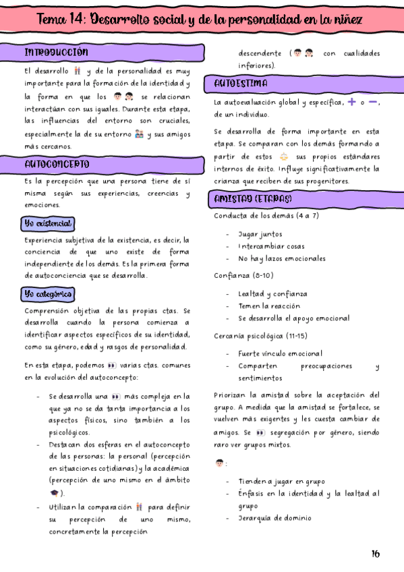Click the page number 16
pyautogui.click(x=375, y=554)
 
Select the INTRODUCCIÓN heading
pyautogui.click(x=57, y=52)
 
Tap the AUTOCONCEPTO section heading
pyautogui.click(x=57, y=164)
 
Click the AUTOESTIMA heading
pyautogui.click(x=241, y=84)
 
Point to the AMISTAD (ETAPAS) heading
pyautogui.click(x=253, y=199)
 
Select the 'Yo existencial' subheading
pyautogui.click(x=49, y=223)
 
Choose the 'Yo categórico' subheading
pyautogui.click(x=48, y=294)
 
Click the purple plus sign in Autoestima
pyautogui.click(x=352, y=102)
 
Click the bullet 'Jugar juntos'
pyautogui.click(x=260, y=234)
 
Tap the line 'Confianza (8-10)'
pyautogui.click(x=244, y=276)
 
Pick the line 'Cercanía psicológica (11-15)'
pyautogui.click(x=260, y=335)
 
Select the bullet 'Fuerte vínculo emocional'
pyautogui.click(x=280, y=353)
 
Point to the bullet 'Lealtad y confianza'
pyautogui.click(x=272, y=293)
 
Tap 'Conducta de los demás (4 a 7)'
pyautogui.click(x=266, y=216)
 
